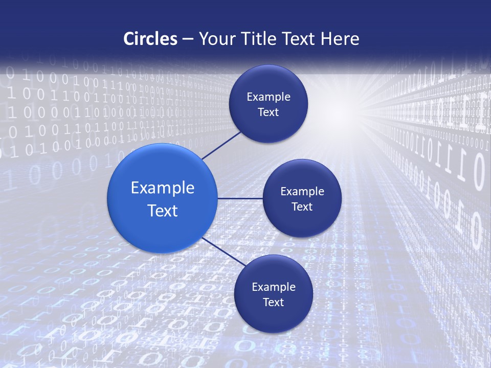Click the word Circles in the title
pos(150,39)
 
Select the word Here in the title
pos(340,39)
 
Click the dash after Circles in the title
pos(187,39)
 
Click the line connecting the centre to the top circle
pos(222,145)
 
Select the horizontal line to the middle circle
pos(240,198)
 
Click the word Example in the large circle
pos(163,188)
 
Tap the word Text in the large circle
pos(163,211)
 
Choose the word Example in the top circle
pos(269,97)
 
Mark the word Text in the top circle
pos(269,112)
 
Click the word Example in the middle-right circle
pos(302,192)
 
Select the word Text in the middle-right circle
pos(302,207)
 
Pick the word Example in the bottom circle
pos(274,287)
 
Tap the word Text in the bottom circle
pos(274,303)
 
